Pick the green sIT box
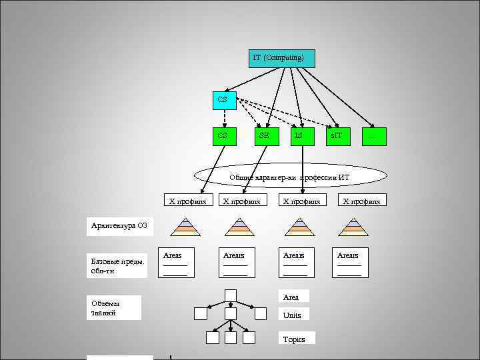click(x=338, y=135)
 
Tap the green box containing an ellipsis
click(x=373, y=135)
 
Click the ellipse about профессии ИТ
click(x=290, y=176)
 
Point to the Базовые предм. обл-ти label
click(x=115, y=265)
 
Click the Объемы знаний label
click(x=115, y=307)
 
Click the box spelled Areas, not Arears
click(x=175, y=264)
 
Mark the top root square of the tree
click(x=231, y=295)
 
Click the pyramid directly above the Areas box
click(x=185, y=227)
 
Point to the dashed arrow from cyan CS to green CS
click(x=225, y=118)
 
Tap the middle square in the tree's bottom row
click(x=231, y=337)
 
